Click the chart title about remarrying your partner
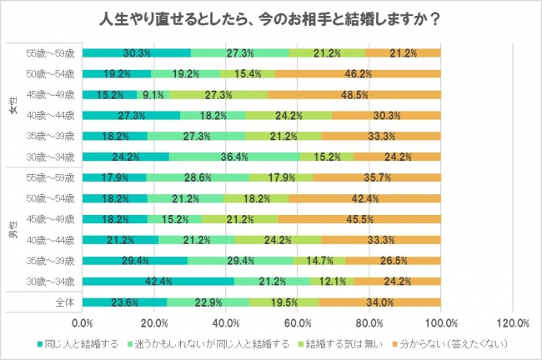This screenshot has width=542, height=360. [270, 18]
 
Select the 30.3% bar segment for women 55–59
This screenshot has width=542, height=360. [137, 53]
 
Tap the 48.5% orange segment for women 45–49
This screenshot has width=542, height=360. [354, 94]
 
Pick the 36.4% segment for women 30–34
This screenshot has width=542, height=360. [234, 155]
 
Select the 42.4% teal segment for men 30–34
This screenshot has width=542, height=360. [158, 281]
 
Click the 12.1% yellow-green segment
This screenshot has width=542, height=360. [332, 281]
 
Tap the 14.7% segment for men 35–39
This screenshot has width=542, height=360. [319, 260]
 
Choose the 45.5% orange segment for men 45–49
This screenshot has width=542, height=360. [359, 219]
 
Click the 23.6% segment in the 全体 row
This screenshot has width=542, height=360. [124, 302]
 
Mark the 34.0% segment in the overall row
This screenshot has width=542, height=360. [379, 302]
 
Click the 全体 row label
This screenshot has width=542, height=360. [65, 302]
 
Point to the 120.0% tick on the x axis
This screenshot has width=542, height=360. [511, 322]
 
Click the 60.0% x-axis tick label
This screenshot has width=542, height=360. [297, 322]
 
